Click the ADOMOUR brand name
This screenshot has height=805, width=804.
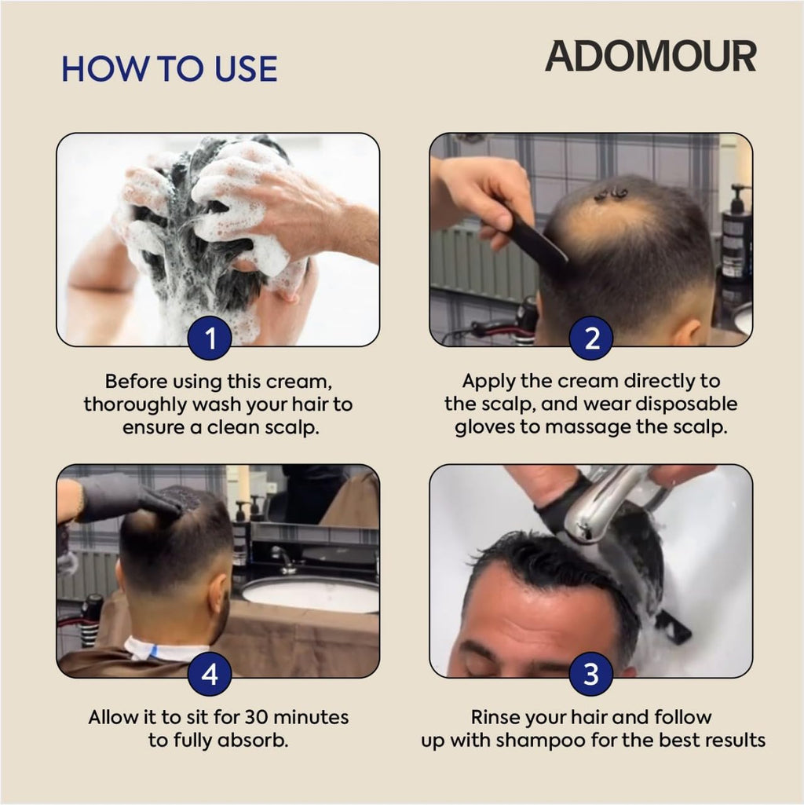point(650,57)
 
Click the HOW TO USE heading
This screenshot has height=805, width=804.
point(169,69)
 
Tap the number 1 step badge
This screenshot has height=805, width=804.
point(210,338)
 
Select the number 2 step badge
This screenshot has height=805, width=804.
point(590,338)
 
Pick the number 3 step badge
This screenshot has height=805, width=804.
point(590,673)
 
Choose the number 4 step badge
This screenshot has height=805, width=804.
point(210,673)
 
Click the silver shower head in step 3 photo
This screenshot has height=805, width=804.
point(605,503)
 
